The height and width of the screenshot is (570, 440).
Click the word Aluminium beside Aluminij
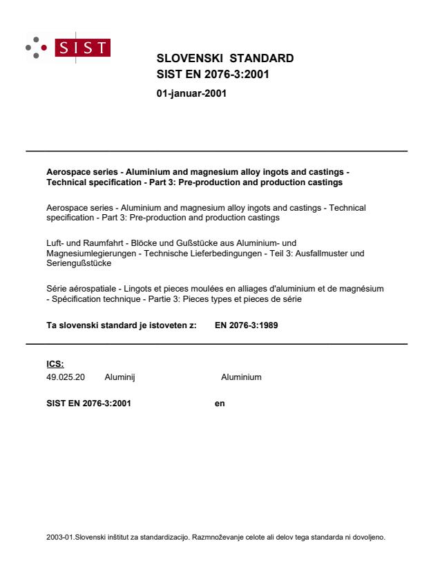(x=241, y=377)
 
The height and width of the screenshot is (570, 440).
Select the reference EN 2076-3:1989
(x=247, y=327)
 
